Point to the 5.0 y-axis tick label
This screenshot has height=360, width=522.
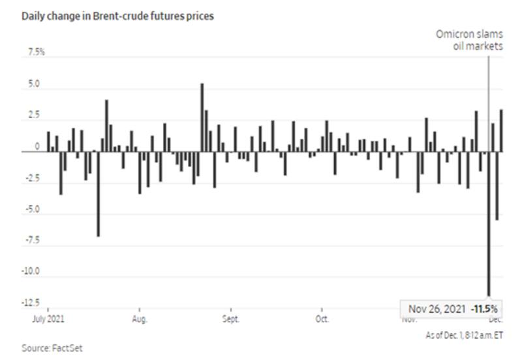tap(33, 85)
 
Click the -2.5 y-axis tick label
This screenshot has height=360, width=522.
tap(32, 178)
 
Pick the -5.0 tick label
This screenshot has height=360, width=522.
tap(32, 209)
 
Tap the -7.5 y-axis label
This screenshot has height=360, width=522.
tap(32, 241)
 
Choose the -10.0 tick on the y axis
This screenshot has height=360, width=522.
tap(31, 271)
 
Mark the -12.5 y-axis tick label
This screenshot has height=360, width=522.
tap(31, 303)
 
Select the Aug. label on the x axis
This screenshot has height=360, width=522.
tap(140, 320)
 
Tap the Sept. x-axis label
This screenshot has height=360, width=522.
tap(231, 320)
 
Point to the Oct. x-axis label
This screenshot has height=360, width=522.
tap(322, 320)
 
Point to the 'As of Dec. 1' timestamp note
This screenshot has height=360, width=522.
tap(464, 334)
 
